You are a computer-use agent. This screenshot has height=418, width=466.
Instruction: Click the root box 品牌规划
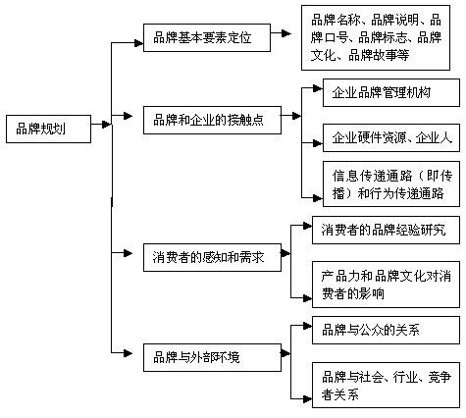[x=48, y=129]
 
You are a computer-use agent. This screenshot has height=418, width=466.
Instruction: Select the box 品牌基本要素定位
[x=207, y=37]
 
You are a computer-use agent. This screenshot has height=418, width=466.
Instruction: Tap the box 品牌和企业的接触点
[x=212, y=120]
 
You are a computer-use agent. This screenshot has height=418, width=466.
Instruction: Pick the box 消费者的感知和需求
[x=212, y=257]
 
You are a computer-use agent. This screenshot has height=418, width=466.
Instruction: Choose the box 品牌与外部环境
[x=212, y=357]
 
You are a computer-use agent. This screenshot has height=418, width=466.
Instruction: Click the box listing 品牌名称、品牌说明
[x=376, y=37]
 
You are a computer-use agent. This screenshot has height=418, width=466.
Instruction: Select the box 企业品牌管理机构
[x=391, y=92]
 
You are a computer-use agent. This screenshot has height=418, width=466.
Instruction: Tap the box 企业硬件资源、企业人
[x=391, y=137]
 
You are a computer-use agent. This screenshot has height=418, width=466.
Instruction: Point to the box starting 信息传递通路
[x=391, y=183]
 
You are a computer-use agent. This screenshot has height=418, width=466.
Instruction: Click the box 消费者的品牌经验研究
[x=386, y=230]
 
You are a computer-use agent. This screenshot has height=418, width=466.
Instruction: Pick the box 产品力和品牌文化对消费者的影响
[x=386, y=285]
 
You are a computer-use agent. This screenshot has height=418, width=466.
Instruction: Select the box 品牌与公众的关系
[x=386, y=330]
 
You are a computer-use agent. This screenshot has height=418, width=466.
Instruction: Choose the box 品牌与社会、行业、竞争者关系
[x=386, y=385]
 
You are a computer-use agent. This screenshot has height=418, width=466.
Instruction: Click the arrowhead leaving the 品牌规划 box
[x=106, y=125]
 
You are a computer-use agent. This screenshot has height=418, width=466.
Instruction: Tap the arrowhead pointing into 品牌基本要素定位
[x=139, y=43]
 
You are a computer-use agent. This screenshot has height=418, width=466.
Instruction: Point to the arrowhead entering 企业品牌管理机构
[x=318, y=88]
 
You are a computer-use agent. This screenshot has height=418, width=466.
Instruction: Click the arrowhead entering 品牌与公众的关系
[x=307, y=326]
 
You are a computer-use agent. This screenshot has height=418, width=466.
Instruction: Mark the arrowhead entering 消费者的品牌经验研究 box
[x=307, y=226]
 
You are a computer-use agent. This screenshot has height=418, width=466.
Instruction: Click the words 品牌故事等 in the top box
[x=379, y=55]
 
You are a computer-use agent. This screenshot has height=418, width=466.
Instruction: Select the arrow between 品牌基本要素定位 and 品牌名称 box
[x=281, y=33]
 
